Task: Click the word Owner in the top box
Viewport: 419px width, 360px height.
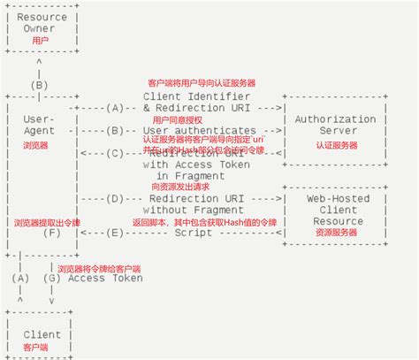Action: [x=40, y=28]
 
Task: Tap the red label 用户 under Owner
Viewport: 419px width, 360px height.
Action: [x=40, y=41]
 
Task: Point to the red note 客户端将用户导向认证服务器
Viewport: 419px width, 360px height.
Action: [x=201, y=83]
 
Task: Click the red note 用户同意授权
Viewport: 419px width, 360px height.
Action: [x=178, y=119]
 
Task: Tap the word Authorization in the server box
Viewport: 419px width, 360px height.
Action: [x=335, y=119]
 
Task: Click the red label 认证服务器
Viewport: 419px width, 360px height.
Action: [x=335, y=144]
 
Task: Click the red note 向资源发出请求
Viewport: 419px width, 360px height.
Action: [x=180, y=187]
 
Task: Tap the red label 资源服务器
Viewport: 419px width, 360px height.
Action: [x=335, y=232]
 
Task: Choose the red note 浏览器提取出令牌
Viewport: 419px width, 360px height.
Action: [x=47, y=222]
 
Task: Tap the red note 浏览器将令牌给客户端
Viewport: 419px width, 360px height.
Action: [x=99, y=268]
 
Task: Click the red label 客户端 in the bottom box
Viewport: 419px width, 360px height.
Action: [x=36, y=348]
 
